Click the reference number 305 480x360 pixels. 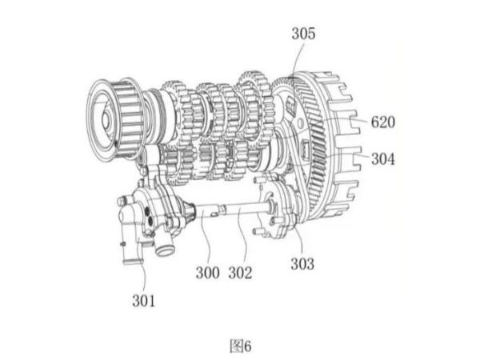click(303, 34)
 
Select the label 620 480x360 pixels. click(383, 122)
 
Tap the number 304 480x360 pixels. click(383, 159)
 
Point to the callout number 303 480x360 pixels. click(302, 264)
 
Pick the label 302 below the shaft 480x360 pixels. click(240, 273)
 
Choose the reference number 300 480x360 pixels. click(207, 273)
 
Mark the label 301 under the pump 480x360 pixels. click(143, 301)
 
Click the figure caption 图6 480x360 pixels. click(241, 346)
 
